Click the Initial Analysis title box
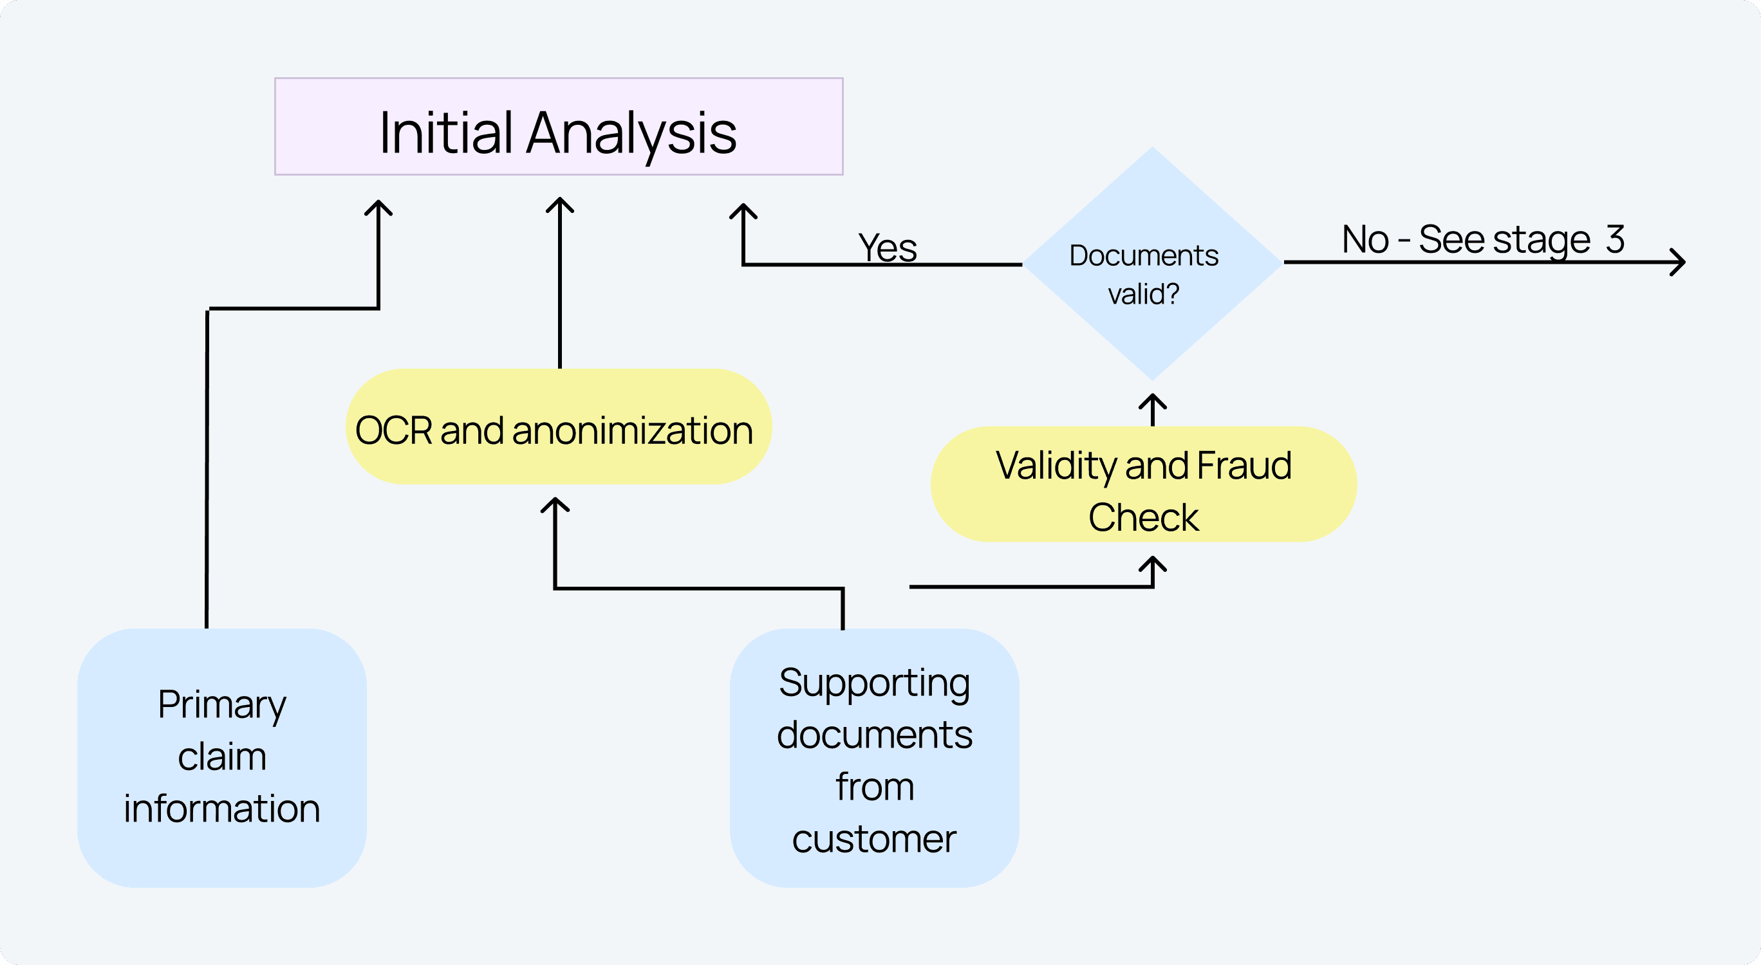click(x=559, y=127)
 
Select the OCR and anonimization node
click(x=559, y=427)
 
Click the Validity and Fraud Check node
click(x=1144, y=484)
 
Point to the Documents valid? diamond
click(x=1152, y=263)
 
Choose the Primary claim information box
click(x=221, y=757)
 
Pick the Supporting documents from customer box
click(x=874, y=758)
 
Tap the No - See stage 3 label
click(x=1483, y=239)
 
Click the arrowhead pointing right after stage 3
click(x=1678, y=262)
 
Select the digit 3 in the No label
click(x=1615, y=239)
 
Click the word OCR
click(x=394, y=430)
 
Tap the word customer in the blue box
click(x=873, y=840)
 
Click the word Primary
click(x=221, y=705)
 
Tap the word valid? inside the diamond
click(x=1144, y=295)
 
